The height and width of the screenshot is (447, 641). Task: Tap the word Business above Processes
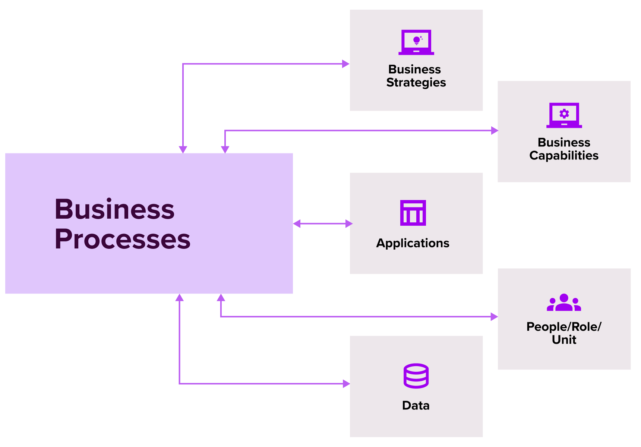(x=114, y=209)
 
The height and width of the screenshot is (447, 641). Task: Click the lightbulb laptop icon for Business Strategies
(x=416, y=42)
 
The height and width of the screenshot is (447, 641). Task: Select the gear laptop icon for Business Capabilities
(x=564, y=115)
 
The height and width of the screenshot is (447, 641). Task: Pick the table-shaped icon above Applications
(x=413, y=213)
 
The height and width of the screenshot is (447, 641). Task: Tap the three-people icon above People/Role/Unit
(x=564, y=303)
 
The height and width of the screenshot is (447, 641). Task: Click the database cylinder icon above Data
(x=416, y=376)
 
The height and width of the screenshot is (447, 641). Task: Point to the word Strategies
(x=416, y=82)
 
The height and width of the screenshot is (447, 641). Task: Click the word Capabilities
(x=563, y=155)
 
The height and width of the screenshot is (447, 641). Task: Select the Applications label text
(x=413, y=243)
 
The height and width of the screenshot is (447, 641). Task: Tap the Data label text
(x=416, y=405)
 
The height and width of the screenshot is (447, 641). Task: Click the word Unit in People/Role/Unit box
(x=564, y=340)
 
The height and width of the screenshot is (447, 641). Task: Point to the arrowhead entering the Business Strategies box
(x=346, y=64)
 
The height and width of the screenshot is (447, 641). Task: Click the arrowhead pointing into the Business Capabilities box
(x=494, y=130)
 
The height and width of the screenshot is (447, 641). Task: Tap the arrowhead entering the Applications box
(x=349, y=223)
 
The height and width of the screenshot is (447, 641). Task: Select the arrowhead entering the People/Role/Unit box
(x=494, y=317)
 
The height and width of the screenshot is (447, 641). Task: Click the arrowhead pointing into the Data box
(x=346, y=384)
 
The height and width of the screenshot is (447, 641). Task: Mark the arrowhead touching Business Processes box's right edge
(x=297, y=223)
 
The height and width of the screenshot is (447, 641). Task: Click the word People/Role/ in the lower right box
(x=563, y=327)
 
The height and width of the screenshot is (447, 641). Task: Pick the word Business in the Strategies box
(x=414, y=69)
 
